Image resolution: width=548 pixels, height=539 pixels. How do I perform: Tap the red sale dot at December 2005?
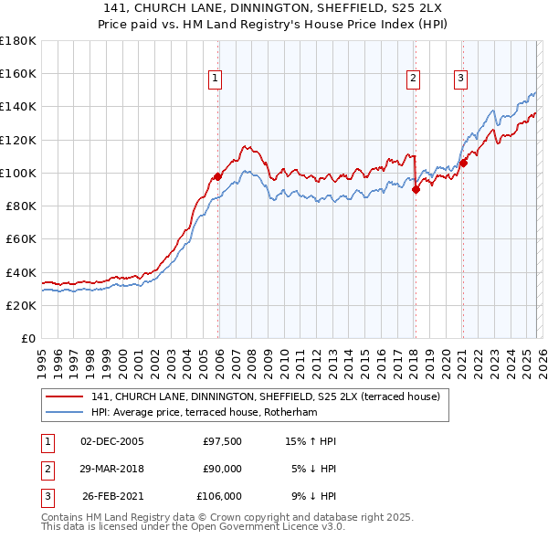[x=218, y=176]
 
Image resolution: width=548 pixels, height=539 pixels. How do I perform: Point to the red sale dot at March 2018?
[x=416, y=189]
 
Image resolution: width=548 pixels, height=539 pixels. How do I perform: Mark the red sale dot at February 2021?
[x=463, y=163]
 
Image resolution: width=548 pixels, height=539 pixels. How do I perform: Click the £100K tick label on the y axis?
[x=17, y=173]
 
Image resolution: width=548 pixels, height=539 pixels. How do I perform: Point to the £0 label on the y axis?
[x=27, y=338]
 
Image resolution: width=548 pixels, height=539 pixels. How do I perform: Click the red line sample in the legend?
[x=64, y=396]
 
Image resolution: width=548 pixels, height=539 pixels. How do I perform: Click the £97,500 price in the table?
[x=222, y=441]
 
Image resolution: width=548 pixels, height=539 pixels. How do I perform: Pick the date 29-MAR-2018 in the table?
[x=111, y=469]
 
